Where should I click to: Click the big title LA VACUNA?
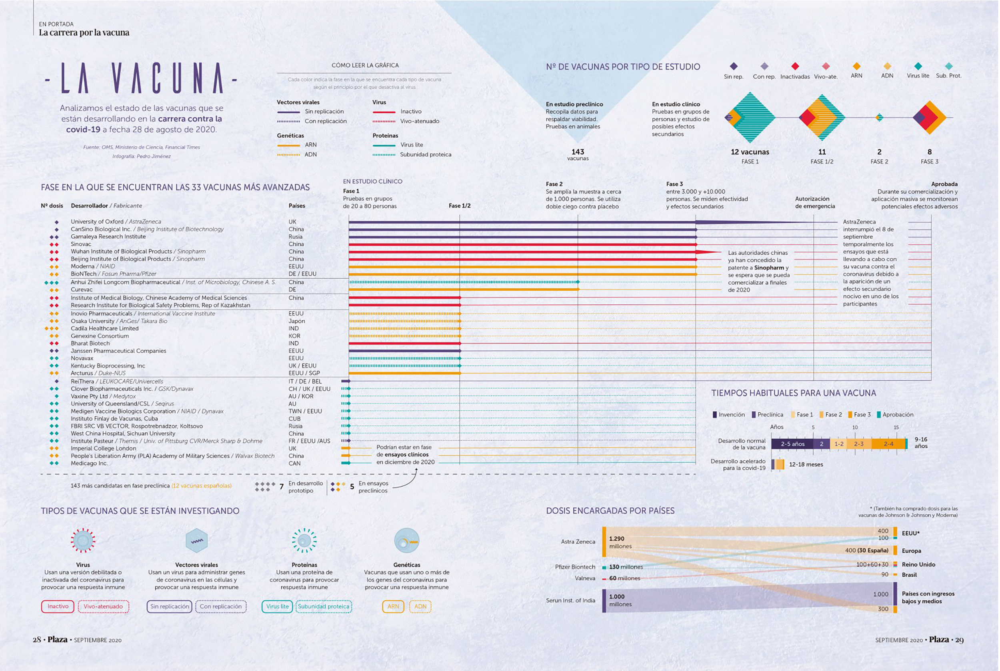point(142,78)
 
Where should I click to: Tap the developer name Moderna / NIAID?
point(93,266)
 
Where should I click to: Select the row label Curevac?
point(81,290)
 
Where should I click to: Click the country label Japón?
point(297,321)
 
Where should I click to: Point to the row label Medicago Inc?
point(89,463)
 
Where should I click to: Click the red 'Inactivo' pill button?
point(58,606)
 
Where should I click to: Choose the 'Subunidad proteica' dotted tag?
point(323,606)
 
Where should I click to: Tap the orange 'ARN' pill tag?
point(393,606)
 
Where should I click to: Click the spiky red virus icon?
point(83,540)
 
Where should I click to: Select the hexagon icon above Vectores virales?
point(197,540)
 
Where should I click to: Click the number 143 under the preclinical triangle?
point(578,152)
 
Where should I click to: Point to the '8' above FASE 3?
point(929,152)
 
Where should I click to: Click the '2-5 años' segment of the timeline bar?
point(792,444)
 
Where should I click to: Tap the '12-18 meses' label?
point(806,464)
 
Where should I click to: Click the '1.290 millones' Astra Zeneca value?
point(620,542)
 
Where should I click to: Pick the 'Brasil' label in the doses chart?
point(909,575)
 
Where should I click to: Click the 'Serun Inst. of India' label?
point(570,600)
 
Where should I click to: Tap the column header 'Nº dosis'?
point(52,206)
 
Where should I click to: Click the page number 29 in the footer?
point(959,640)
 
